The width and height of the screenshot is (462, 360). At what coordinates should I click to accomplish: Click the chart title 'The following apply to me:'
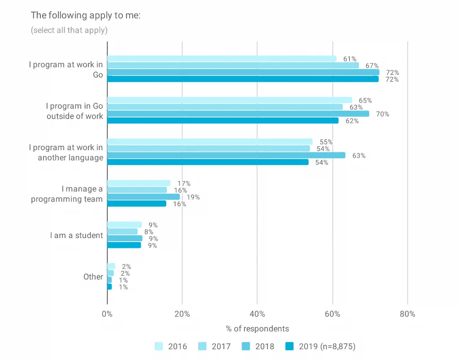click(86, 15)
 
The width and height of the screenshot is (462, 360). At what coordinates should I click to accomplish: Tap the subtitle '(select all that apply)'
click(69, 30)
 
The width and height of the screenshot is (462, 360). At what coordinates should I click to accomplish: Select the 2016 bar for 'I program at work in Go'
click(222, 59)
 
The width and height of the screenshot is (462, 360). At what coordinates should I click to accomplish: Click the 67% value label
click(372, 65)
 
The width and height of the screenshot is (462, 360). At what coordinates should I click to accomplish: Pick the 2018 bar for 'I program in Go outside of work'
click(238, 114)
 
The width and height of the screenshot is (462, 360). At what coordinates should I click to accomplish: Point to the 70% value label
click(383, 114)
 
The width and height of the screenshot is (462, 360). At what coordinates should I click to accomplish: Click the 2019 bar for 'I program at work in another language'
click(208, 162)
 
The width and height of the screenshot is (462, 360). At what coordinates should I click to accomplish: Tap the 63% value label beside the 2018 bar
click(359, 156)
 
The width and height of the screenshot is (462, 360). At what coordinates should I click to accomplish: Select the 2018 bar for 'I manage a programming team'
click(144, 197)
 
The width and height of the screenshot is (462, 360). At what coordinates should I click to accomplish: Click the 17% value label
click(184, 183)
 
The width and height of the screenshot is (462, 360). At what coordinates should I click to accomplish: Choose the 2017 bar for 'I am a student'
click(122, 232)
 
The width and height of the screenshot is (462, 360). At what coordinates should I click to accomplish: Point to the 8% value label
click(149, 232)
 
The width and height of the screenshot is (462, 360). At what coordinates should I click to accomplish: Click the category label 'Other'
click(93, 277)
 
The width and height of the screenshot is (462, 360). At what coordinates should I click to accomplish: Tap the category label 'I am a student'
click(76, 235)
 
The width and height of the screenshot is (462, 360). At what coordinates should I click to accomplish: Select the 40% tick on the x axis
click(257, 314)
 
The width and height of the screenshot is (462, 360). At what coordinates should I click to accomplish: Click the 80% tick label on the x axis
click(407, 314)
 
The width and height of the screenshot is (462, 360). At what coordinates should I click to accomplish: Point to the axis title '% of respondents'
click(257, 329)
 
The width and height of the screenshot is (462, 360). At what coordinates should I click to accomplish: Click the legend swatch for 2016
click(159, 346)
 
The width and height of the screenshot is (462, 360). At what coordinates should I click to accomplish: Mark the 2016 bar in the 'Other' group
click(111, 266)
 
